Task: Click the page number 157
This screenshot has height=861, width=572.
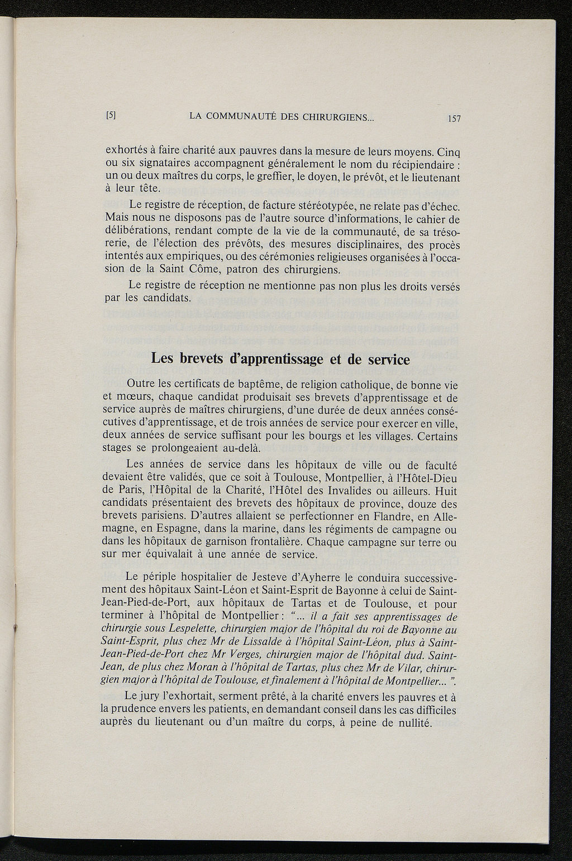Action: [452, 118]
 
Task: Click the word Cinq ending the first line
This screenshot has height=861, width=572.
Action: [447, 152]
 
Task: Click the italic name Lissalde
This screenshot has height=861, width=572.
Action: [249, 641]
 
